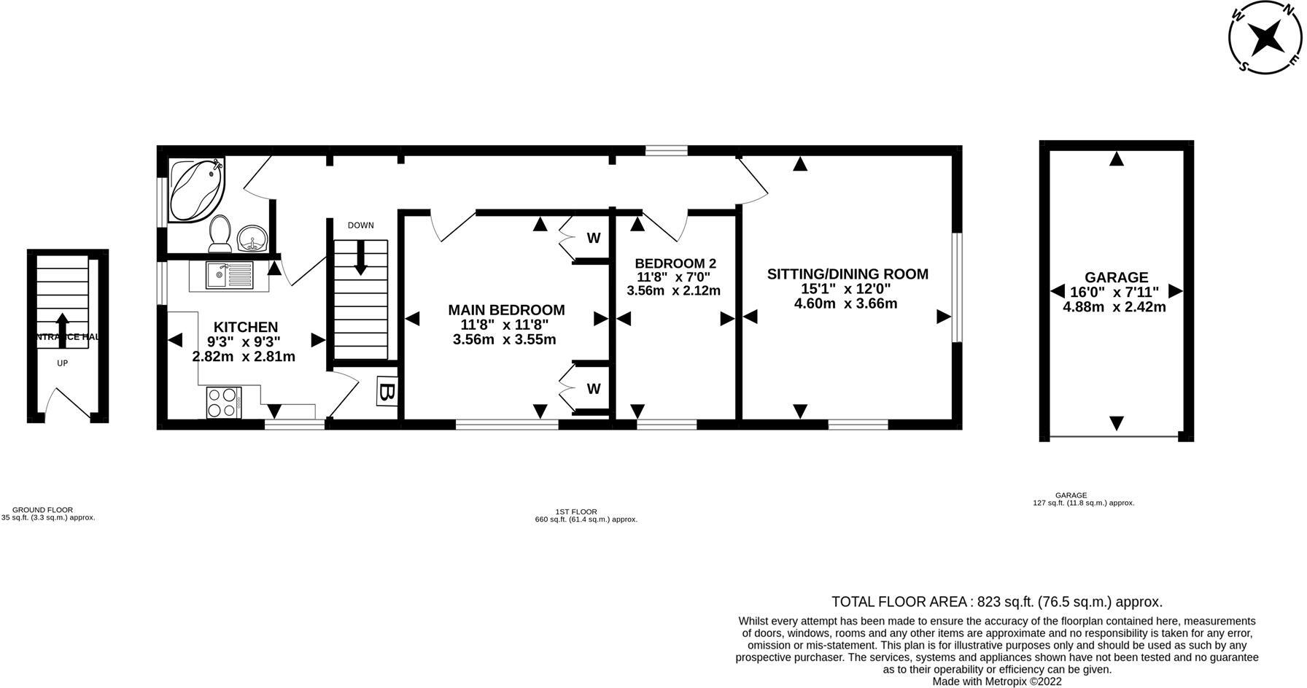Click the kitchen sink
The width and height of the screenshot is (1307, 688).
(x=228, y=275)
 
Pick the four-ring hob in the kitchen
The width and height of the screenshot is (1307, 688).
(x=224, y=402)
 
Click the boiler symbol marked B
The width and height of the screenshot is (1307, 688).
(x=387, y=392)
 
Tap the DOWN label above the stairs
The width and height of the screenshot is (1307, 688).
(x=360, y=225)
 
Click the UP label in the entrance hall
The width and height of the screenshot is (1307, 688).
(x=62, y=363)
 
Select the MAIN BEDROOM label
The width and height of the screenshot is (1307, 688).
(x=506, y=310)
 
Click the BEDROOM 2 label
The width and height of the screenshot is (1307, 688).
(x=675, y=263)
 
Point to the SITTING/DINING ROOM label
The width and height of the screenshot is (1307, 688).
(x=847, y=274)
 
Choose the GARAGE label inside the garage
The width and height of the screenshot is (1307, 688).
(x=1116, y=277)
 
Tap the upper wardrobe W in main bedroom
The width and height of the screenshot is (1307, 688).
(x=594, y=239)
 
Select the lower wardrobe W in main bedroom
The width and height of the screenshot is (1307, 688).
(x=594, y=389)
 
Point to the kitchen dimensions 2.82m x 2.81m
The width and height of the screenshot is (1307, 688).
(x=244, y=357)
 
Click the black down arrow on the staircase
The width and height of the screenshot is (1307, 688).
(x=360, y=260)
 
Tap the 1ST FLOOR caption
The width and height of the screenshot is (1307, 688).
(x=576, y=512)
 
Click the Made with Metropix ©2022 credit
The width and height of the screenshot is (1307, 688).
(x=997, y=681)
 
